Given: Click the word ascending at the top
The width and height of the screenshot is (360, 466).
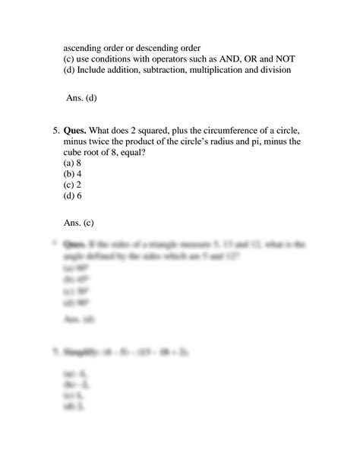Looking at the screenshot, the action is coord(86,47).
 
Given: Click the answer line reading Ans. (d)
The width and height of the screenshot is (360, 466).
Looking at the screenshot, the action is coord(81,97).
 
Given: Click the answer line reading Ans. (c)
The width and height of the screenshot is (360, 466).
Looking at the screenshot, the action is coord(81,224).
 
